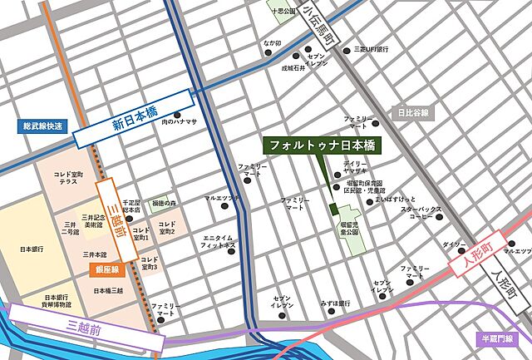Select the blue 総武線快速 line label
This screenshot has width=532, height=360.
(42, 126)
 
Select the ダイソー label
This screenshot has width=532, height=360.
(454, 245)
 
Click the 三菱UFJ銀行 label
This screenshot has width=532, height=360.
(372, 49)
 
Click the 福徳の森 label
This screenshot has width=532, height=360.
(163, 203)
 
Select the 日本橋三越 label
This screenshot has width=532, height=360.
(108, 290)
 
